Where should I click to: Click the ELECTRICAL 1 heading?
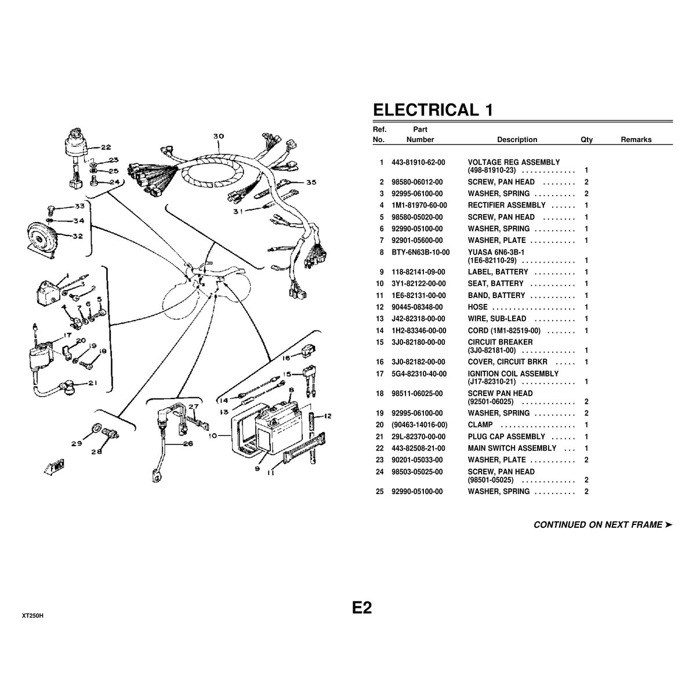click(x=433, y=110)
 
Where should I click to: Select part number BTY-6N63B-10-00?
click(x=420, y=252)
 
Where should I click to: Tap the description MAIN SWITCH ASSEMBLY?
click(x=512, y=448)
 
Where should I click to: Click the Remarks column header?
click(x=636, y=139)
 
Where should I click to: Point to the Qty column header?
click(x=586, y=139)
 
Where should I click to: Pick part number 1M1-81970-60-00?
click(x=419, y=205)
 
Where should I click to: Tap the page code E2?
click(x=361, y=607)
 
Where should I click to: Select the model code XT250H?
click(x=32, y=616)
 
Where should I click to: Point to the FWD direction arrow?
click(x=54, y=467)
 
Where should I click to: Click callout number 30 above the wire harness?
click(x=219, y=136)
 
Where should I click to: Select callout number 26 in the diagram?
click(x=188, y=444)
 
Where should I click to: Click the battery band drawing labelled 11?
click(x=304, y=448)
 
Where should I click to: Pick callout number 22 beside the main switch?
click(x=106, y=147)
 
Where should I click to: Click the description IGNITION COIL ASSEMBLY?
click(x=513, y=374)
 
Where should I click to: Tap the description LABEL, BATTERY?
click(x=498, y=272)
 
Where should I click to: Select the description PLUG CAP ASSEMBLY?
click(x=506, y=437)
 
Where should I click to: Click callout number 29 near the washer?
click(x=76, y=444)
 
